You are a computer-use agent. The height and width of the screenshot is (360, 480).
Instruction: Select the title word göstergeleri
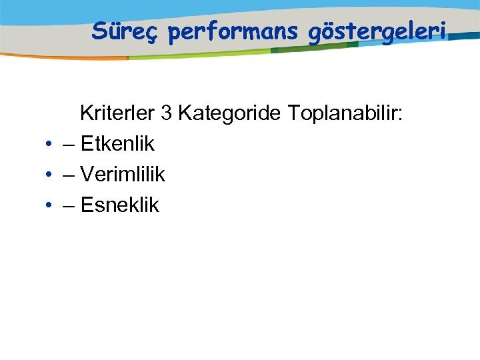377,31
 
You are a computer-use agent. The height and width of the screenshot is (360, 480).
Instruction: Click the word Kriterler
117,113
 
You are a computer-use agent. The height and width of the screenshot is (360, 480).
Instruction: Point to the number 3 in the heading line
167,113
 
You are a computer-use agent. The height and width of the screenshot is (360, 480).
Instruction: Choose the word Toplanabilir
342,113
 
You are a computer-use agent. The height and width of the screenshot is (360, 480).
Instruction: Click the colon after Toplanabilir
400,115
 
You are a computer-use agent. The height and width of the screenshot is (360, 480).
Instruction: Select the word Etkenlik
117,144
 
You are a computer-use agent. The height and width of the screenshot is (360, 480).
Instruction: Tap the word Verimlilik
123,175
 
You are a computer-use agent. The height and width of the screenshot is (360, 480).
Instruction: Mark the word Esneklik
120,205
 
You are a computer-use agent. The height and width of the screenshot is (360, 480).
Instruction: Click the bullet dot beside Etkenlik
49,145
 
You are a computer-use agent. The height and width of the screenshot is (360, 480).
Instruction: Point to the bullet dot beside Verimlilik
49,175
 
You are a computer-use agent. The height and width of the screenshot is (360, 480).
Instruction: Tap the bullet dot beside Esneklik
49,206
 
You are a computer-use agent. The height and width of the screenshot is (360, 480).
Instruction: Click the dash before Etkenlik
69,145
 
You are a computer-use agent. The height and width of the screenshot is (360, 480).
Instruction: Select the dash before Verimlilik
69,175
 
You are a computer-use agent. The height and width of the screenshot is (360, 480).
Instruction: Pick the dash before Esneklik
69,206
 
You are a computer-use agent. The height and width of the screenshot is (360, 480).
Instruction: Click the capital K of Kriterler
86,113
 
